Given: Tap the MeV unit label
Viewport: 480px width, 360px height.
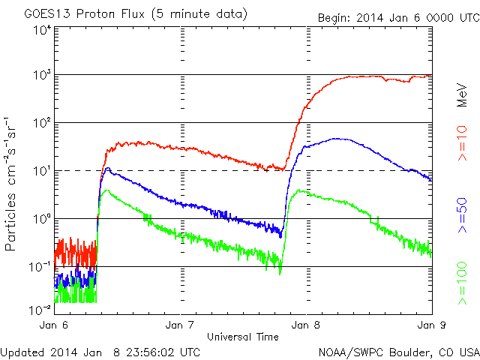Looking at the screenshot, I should [463, 94].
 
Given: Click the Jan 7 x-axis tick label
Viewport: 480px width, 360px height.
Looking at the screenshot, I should [181, 325].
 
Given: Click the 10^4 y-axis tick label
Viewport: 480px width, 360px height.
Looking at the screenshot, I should [41, 30].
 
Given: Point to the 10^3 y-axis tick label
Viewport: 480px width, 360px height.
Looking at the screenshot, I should [41, 76].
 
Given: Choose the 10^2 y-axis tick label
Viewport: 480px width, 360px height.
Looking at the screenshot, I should [41, 124].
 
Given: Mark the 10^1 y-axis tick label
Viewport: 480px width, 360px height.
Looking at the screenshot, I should [41, 172].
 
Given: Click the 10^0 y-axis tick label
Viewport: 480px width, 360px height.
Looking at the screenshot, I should [41, 220].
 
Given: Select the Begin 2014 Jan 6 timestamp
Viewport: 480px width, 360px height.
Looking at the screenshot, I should [397, 16].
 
